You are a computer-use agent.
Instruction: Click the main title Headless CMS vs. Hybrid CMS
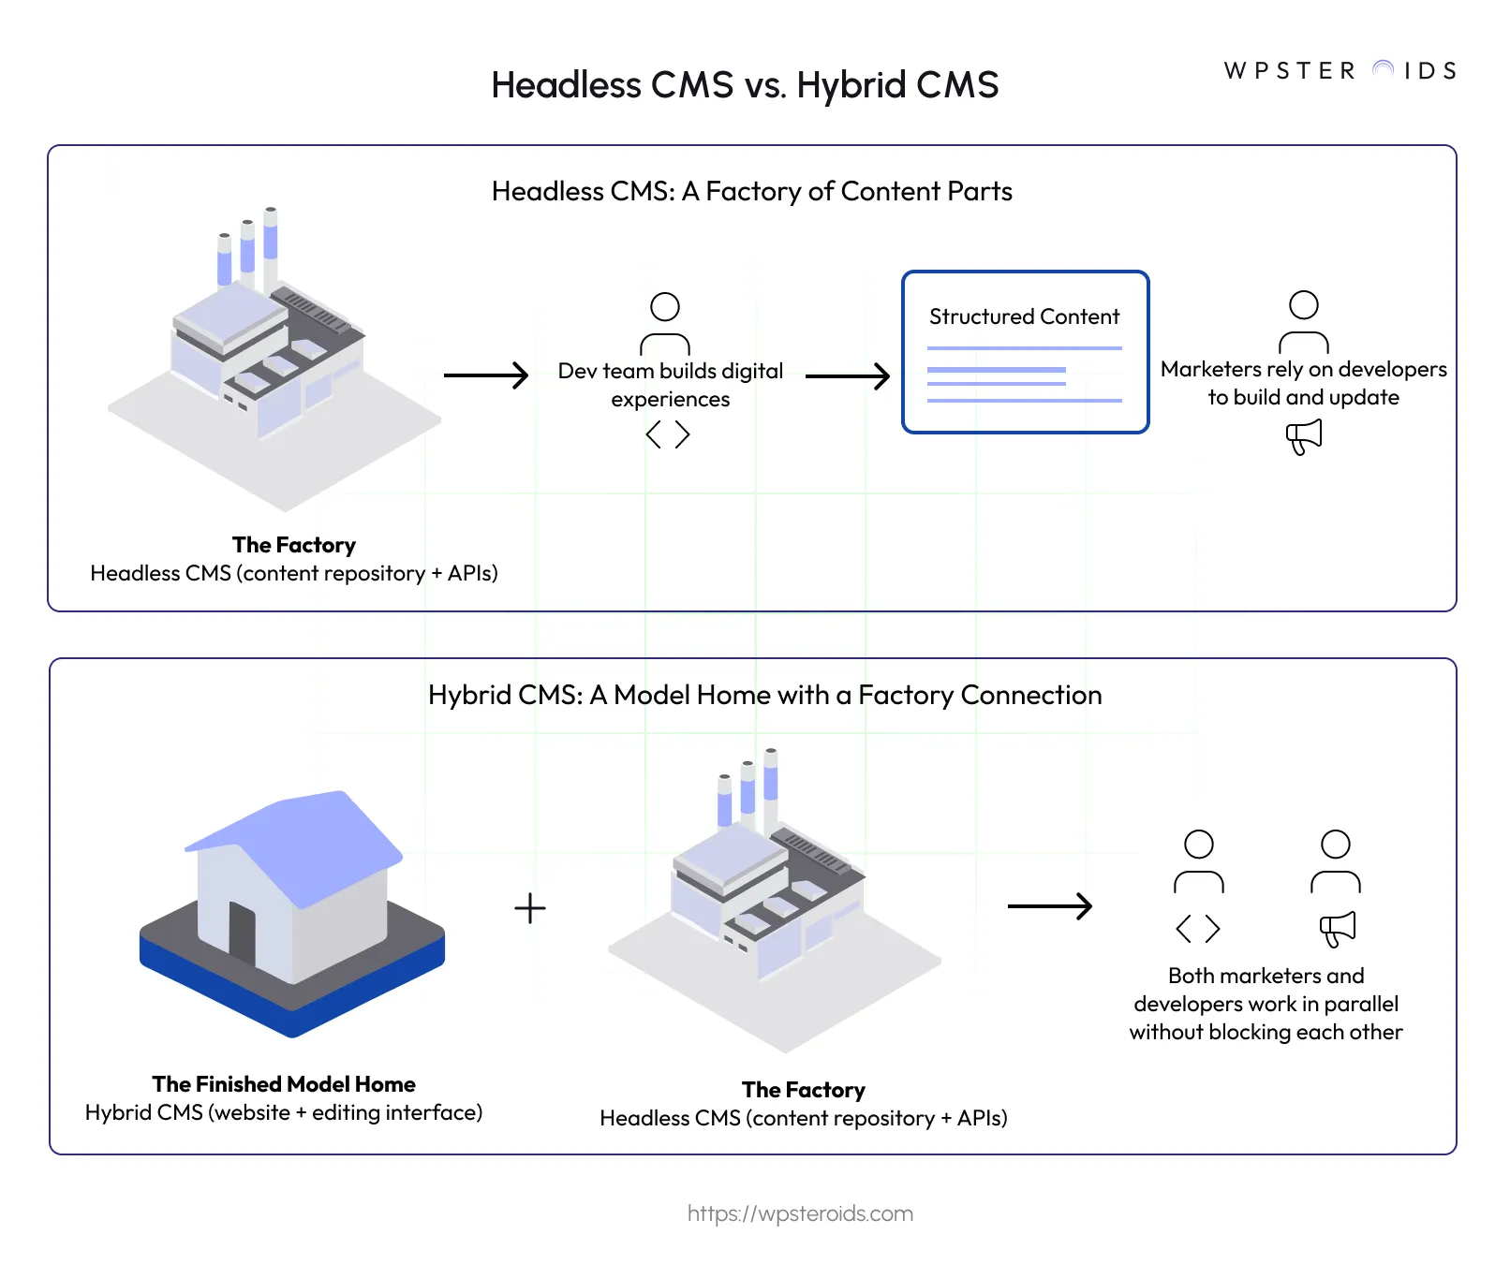[x=745, y=85]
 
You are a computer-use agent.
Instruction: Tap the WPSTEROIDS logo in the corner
[x=1340, y=71]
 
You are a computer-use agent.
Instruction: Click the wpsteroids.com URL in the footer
[x=800, y=1213]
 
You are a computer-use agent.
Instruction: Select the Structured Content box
[x=1025, y=352]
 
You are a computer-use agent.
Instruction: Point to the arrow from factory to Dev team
[x=485, y=375]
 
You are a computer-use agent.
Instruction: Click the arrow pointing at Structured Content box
[x=847, y=376]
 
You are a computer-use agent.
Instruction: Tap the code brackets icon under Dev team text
[x=668, y=434]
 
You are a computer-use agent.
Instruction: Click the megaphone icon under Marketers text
[x=1304, y=436]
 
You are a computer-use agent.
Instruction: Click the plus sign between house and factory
[x=530, y=908]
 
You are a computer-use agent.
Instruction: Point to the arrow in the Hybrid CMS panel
[x=1049, y=906]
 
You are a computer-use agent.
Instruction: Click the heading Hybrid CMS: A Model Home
[x=764, y=695]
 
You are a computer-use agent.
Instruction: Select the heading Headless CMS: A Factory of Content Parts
[x=751, y=191]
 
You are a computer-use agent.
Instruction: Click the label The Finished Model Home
[x=284, y=1084]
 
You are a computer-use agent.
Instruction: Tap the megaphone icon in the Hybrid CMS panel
[x=1337, y=928]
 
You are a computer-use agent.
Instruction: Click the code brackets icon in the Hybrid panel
[x=1198, y=929]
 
